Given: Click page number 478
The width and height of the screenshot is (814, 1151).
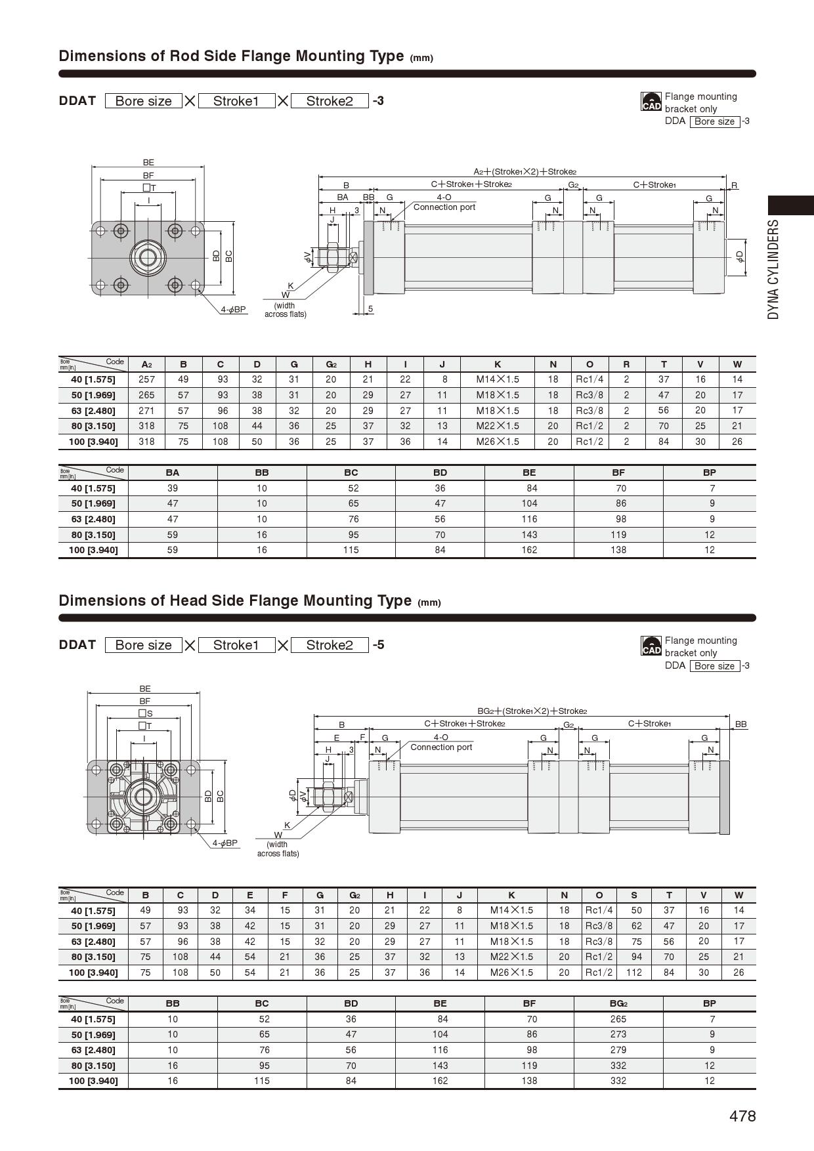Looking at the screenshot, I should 742,1116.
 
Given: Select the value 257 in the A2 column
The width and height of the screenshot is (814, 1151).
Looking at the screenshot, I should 146,379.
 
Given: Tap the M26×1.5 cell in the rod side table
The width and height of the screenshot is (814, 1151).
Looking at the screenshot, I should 498,442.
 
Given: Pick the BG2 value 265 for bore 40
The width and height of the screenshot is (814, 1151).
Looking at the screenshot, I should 618,1019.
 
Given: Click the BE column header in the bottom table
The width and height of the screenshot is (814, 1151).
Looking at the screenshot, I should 440,1003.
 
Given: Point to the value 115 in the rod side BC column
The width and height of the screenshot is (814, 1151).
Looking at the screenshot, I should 351,550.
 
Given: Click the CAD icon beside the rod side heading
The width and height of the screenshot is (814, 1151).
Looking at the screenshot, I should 651,102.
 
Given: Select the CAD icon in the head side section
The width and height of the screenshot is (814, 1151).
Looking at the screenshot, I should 651,646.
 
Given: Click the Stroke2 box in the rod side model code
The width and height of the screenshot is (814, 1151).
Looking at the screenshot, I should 329,101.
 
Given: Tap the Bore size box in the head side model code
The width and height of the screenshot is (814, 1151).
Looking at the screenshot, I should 143,645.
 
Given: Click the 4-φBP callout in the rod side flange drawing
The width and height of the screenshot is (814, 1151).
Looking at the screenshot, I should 233,309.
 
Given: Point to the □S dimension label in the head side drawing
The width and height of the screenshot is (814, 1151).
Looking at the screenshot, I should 145,713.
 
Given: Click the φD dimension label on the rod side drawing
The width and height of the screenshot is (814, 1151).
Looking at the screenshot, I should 740,256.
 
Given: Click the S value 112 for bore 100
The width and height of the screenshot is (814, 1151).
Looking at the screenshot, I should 633,973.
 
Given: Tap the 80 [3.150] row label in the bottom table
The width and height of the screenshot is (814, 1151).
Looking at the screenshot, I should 93,1066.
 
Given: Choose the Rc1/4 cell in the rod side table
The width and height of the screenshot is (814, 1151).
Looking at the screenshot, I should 589,379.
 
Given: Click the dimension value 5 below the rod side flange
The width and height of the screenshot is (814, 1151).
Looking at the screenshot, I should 370,308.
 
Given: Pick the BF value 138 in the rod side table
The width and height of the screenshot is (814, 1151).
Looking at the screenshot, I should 618,550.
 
